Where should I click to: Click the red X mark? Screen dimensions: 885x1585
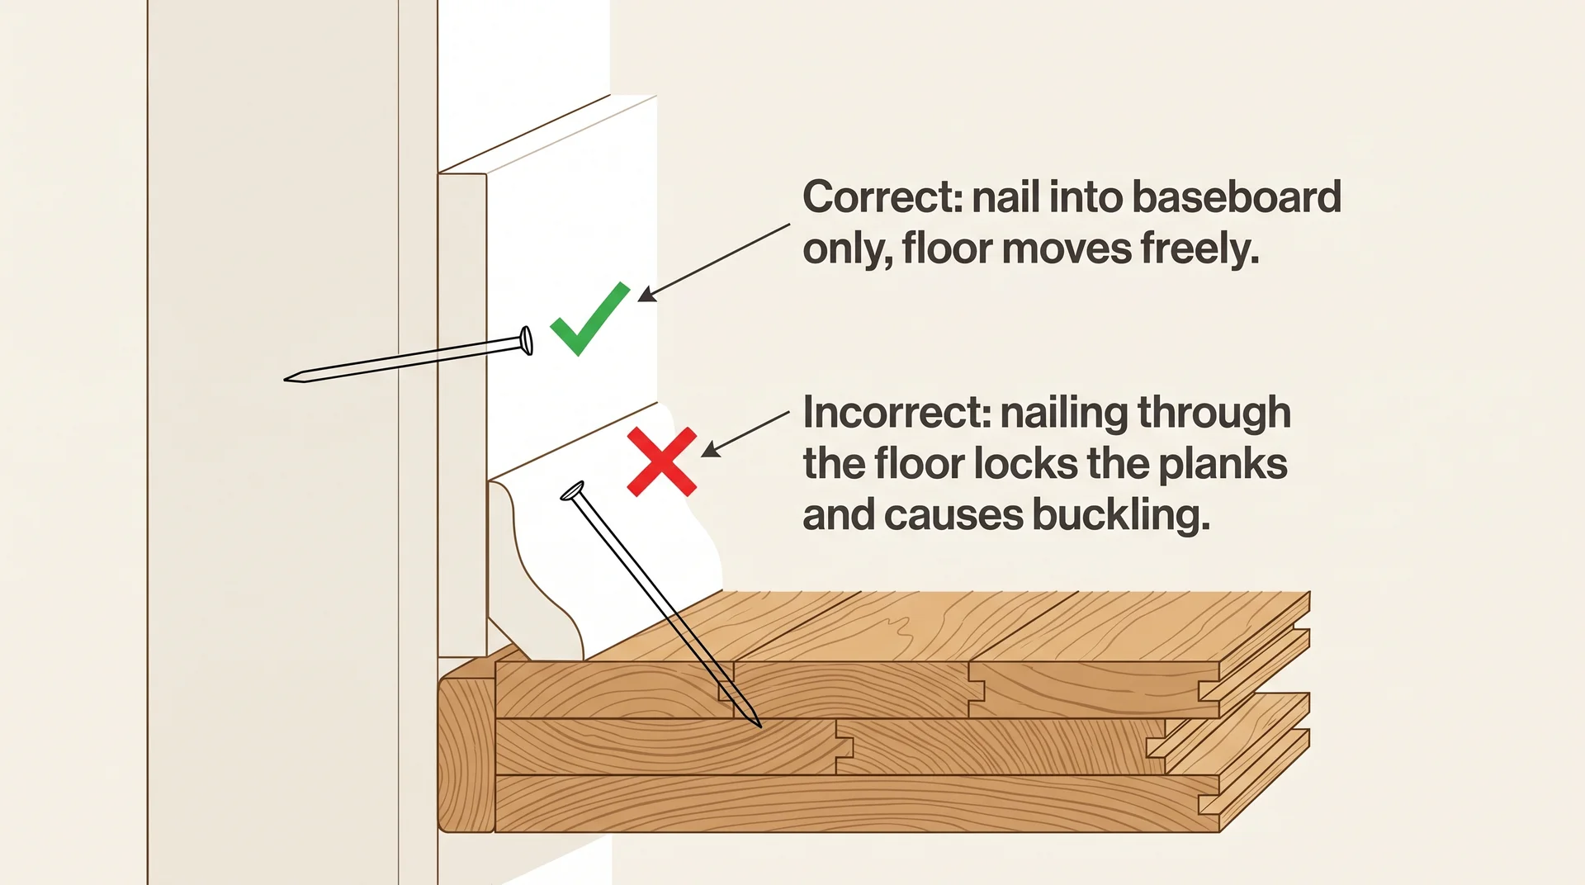pos(661,461)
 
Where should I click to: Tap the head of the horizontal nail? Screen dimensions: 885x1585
pos(526,340)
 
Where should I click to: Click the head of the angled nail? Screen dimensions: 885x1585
pos(572,492)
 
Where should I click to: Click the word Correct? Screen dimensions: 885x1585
pos(882,197)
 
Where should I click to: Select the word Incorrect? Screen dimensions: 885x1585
pos(897,412)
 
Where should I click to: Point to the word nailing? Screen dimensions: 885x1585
pos(1063,414)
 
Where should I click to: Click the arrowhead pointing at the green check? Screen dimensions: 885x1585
pos(646,296)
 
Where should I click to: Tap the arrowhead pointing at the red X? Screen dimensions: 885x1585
pos(708,451)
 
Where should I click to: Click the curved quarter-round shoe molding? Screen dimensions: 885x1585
pos(611,561)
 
